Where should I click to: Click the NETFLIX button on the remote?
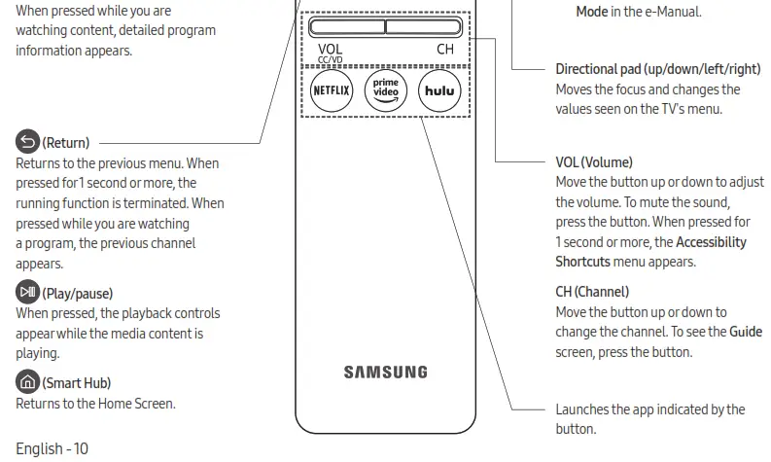[x=332, y=90]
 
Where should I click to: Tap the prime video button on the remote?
[x=385, y=90]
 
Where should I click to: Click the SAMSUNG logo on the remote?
[x=385, y=372]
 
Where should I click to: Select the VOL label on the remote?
[x=330, y=49]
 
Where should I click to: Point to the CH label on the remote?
[x=445, y=49]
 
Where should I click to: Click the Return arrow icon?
[x=27, y=142]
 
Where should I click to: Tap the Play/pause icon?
[x=27, y=292]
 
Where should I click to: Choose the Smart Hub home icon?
[x=27, y=382]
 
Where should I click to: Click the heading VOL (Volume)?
[x=593, y=161]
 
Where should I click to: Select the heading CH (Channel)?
[x=592, y=291]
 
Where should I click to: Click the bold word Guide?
[x=746, y=332]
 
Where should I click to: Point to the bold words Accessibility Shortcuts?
[x=650, y=252]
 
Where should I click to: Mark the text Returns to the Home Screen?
[x=95, y=403]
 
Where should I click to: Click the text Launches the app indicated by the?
[x=649, y=409]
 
